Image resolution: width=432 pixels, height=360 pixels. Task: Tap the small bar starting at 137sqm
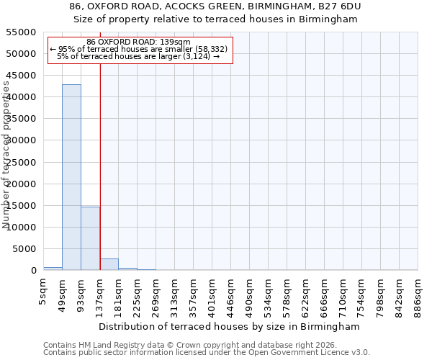pos(109,264)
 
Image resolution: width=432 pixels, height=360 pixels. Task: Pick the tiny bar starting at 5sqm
pos(53,269)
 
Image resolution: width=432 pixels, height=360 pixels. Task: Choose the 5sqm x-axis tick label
pos(44,293)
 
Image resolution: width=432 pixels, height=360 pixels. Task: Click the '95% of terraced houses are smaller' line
pos(138,49)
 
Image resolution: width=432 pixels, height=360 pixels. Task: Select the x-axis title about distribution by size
pos(229,327)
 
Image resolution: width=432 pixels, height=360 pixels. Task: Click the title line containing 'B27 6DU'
pos(216,6)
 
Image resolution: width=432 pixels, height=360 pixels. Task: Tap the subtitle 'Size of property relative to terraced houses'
pos(216,19)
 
